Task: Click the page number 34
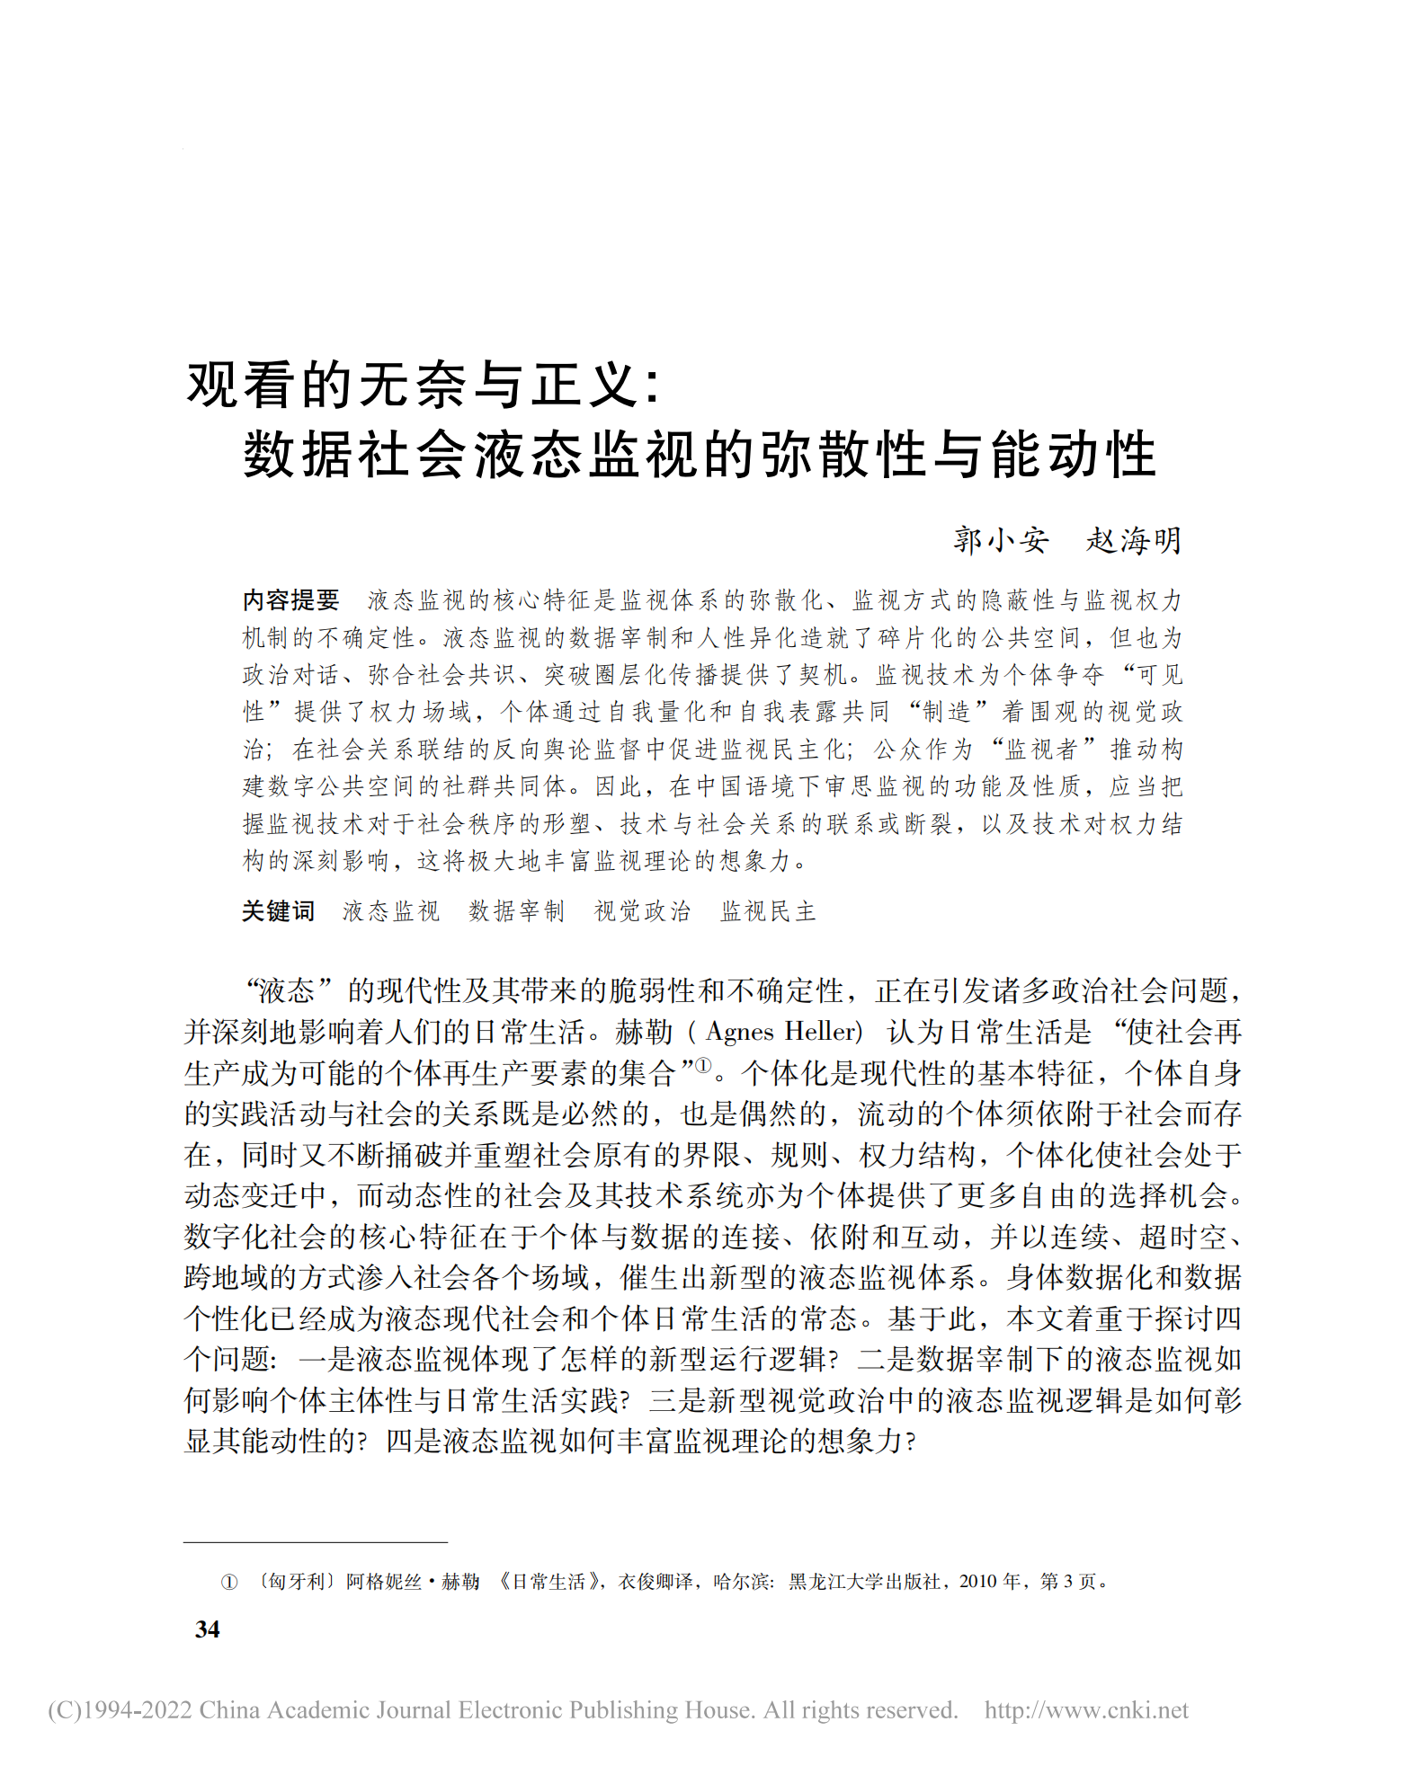pos(208,1628)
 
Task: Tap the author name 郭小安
pos(1001,540)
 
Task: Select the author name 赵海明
pos(1133,540)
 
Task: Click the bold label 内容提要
pos(291,599)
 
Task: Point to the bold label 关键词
pos(278,911)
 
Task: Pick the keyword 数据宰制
pos(516,911)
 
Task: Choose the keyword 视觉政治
pos(642,911)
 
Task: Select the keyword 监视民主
pos(768,911)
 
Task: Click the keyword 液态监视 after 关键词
pos(390,911)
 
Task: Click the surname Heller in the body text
pos(822,1032)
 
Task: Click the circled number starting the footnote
pos(229,1582)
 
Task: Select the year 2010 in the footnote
pos(977,1581)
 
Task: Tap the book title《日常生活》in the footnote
pos(551,1581)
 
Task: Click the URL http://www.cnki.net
pos(1086,1709)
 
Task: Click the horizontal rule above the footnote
pos(315,1541)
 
